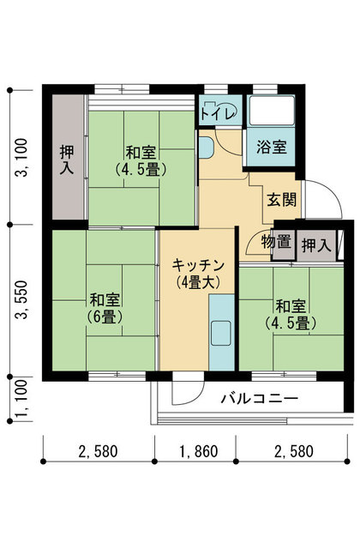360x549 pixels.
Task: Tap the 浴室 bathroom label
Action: (x=272, y=147)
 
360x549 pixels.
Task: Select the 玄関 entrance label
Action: (x=282, y=200)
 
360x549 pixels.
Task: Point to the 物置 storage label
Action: (x=276, y=242)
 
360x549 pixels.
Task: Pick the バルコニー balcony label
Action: (x=260, y=398)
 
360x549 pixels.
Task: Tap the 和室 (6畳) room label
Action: (x=105, y=309)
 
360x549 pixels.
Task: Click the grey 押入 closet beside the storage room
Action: (x=316, y=245)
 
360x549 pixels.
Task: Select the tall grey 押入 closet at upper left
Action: (x=69, y=157)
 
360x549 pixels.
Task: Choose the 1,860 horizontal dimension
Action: (x=199, y=452)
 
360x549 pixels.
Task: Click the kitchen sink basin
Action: (x=221, y=333)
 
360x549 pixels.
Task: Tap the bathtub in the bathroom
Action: (x=271, y=110)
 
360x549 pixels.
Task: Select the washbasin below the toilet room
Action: (x=206, y=147)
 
